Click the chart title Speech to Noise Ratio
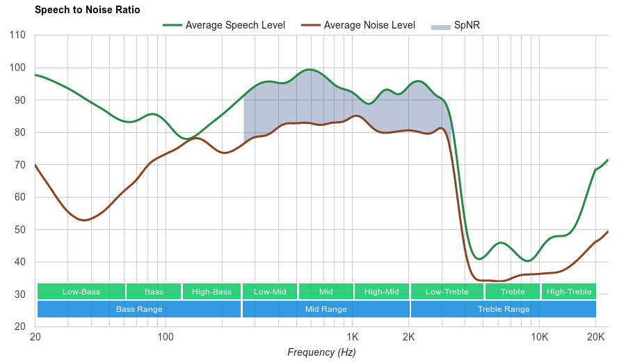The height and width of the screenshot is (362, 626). coord(87,10)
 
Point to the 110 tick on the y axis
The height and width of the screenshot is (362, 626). coord(17,36)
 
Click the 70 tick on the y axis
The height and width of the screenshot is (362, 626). coord(20,165)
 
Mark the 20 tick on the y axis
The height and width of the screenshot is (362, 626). coord(20,326)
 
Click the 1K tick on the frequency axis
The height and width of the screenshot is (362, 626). coord(351,337)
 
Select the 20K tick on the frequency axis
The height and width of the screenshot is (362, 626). coord(595,337)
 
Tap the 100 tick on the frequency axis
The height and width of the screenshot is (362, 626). coord(166,337)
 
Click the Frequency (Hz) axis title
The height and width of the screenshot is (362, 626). coord(321,352)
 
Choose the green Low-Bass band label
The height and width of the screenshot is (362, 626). coord(81,292)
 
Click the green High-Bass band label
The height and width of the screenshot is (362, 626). coord(211,292)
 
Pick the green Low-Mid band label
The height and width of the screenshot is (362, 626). coord(270,292)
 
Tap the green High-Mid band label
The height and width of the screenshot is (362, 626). coord(382,292)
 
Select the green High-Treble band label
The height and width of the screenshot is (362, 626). coord(569,292)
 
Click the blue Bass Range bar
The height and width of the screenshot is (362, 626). coord(139,309)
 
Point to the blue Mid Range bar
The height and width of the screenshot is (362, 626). coord(326,309)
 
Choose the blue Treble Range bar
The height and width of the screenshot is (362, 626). coord(504,309)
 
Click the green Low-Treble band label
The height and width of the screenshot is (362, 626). coord(447,292)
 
